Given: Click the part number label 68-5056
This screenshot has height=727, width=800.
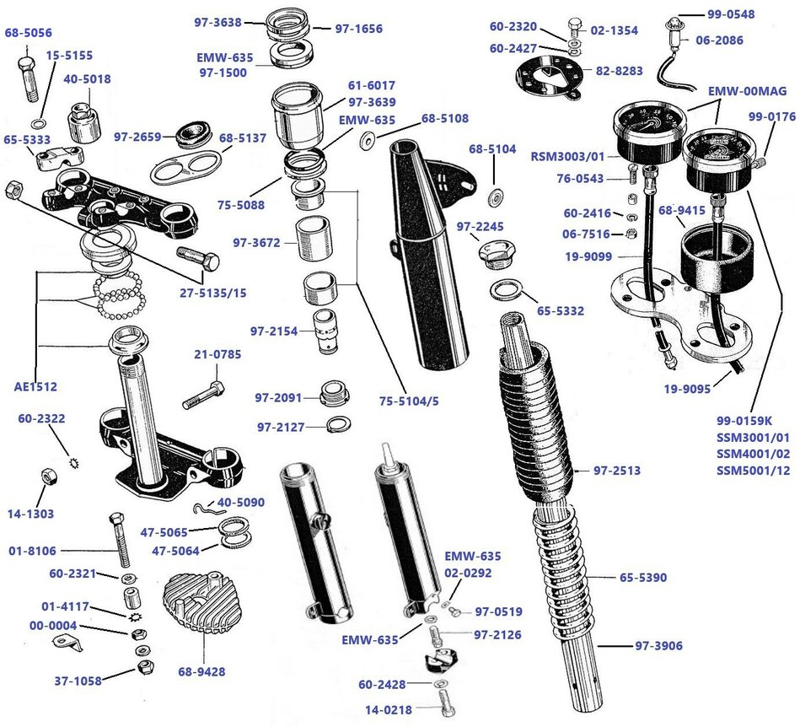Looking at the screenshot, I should coord(28,34).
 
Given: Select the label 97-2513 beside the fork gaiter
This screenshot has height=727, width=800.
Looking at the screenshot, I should coord(617,471).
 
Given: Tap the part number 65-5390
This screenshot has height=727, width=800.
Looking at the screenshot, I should coord(643,578).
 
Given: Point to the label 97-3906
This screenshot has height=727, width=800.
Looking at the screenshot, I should coord(659,646).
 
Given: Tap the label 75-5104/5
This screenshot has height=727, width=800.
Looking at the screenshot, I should coord(408,401).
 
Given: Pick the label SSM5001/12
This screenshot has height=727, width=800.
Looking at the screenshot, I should coord(753,471).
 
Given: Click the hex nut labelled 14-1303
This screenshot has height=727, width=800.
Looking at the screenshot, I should coord(47,477).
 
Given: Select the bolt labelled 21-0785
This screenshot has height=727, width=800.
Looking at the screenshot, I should coord(201,392).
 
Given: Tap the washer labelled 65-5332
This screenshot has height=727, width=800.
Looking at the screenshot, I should coord(505,291).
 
